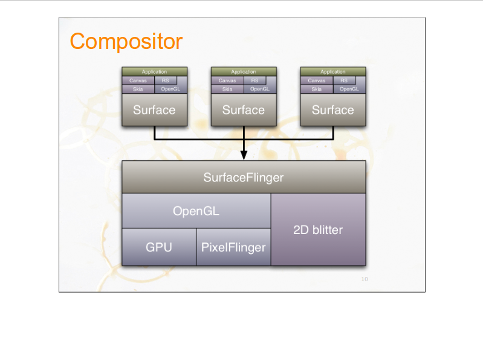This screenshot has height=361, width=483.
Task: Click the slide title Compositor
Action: click(126, 42)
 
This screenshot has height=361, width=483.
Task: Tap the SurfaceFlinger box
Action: click(244, 177)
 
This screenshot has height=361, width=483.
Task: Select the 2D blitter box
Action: click(318, 230)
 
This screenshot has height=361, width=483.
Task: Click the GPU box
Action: click(159, 247)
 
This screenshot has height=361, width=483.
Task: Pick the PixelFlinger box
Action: click(233, 247)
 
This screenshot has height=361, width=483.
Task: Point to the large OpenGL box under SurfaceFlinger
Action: click(196, 211)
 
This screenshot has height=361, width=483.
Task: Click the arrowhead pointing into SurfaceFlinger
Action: click(244, 155)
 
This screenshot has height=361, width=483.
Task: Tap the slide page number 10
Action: click(364, 279)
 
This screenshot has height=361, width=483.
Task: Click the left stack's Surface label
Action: click(154, 110)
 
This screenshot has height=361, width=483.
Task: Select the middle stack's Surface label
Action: click(244, 110)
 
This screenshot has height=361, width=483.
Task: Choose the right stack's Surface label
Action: click(332, 110)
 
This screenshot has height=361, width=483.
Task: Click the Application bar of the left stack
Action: click(154, 72)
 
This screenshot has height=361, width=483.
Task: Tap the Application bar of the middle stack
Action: click(244, 72)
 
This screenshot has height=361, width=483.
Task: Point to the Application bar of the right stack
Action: click(332, 72)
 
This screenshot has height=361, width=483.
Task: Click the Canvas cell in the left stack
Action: click(138, 80)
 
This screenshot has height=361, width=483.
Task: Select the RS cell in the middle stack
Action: click(254, 80)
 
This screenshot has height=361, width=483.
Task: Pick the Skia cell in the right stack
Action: click(316, 89)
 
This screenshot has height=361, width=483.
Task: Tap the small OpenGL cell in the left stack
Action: click(170, 89)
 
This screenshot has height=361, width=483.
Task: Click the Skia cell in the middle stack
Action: click(227, 89)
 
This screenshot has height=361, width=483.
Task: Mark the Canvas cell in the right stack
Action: click(316, 80)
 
